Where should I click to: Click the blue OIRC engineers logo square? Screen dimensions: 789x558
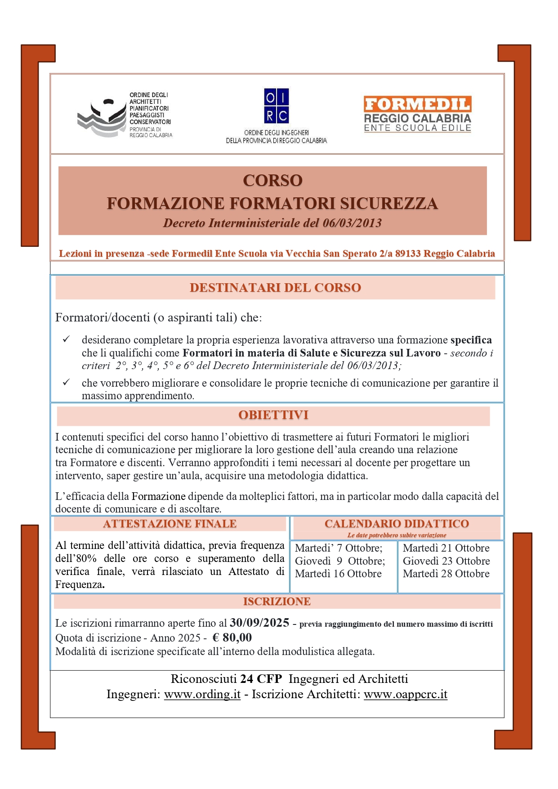pyautogui.click(x=276, y=106)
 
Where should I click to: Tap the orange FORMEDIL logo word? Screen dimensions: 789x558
pyautogui.click(x=417, y=104)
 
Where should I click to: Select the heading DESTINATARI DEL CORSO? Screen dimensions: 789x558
pyautogui.click(x=275, y=288)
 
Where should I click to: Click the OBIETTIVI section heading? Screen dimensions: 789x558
pyautogui.click(x=273, y=415)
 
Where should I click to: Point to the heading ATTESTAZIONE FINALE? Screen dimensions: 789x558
pyautogui.click(x=170, y=524)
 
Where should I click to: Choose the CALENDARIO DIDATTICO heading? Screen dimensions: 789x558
pyautogui.click(x=397, y=524)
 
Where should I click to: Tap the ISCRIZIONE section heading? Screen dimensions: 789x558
pyautogui.click(x=277, y=602)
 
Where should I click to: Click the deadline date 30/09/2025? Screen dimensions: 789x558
pyautogui.click(x=259, y=623)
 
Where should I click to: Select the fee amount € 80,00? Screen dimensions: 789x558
pyautogui.click(x=232, y=637)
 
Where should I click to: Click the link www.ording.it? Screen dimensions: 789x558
pyautogui.click(x=202, y=694)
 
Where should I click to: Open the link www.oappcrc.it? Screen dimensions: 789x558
pyautogui.click(x=405, y=694)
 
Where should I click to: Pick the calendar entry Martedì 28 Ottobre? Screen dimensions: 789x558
pyautogui.click(x=446, y=574)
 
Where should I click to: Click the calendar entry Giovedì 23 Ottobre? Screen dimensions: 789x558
pyautogui.click(x=446, y=561)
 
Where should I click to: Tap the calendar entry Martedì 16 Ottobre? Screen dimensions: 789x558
pyautogui.click(x=338, y=574)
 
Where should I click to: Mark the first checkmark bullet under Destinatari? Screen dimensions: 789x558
pyautogui.click(x=66, y=339)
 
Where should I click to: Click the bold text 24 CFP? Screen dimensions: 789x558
pyautogui.click(x=261, y=679)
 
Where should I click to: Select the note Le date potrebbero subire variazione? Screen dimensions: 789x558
pyautogui.click(x=397, y=535)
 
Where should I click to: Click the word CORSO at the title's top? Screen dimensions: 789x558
pyautogui.click(x=272, y=181)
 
